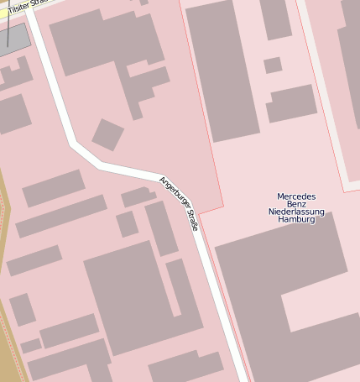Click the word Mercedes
(296, 196)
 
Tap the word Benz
(296, 204)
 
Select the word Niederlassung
(296, 212)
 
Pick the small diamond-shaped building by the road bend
(107, 134)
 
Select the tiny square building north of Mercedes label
(273, 65)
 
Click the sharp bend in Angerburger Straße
(76, 148)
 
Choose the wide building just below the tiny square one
(291, 103)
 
